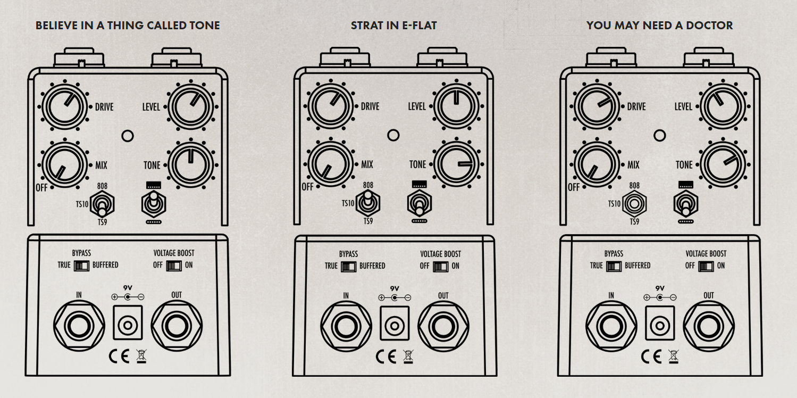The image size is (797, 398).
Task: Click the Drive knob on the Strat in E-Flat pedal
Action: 330,106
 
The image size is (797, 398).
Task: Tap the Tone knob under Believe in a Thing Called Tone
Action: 190,165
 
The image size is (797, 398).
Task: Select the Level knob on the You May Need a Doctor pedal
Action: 722,106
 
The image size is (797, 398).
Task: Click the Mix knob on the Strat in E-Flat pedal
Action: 330,165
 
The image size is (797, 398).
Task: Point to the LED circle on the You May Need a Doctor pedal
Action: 659,135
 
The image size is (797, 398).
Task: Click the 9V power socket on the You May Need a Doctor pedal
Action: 659,323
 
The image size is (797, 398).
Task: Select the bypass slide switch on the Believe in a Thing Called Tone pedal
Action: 82,265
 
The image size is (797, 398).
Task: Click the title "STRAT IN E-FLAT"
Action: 393,26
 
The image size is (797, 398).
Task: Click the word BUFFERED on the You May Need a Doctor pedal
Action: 637,266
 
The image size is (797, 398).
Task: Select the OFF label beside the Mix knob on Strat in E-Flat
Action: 307,187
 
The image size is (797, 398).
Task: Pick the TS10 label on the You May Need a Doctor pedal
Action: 614,204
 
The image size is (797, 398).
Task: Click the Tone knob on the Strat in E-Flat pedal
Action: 457,165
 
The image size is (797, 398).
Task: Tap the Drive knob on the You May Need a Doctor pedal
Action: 596,106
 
